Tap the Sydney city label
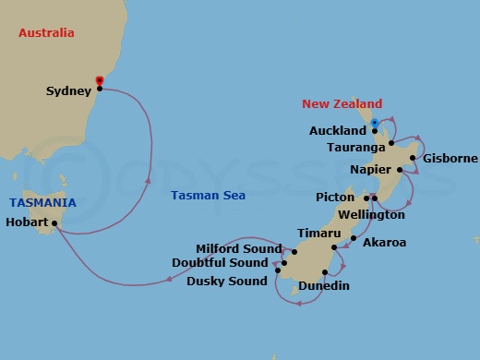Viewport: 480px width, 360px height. point(68,90)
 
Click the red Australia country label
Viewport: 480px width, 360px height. point(46,34)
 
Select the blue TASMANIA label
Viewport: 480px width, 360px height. point(43,202)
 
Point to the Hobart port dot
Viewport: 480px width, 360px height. point(54,223)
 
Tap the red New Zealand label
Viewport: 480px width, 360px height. point(342,104)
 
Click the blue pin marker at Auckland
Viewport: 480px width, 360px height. point(374,123)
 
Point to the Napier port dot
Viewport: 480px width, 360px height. point(399,170)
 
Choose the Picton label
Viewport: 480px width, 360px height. point(338,198)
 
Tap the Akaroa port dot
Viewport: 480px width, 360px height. point(354,238)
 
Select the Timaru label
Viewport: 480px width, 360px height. point(317,234)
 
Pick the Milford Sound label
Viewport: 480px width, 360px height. point(238,248)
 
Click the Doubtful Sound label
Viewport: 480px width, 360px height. point(221,263)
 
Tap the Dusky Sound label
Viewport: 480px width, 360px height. point(227,281)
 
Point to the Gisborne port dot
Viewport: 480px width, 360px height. point(416,158)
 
